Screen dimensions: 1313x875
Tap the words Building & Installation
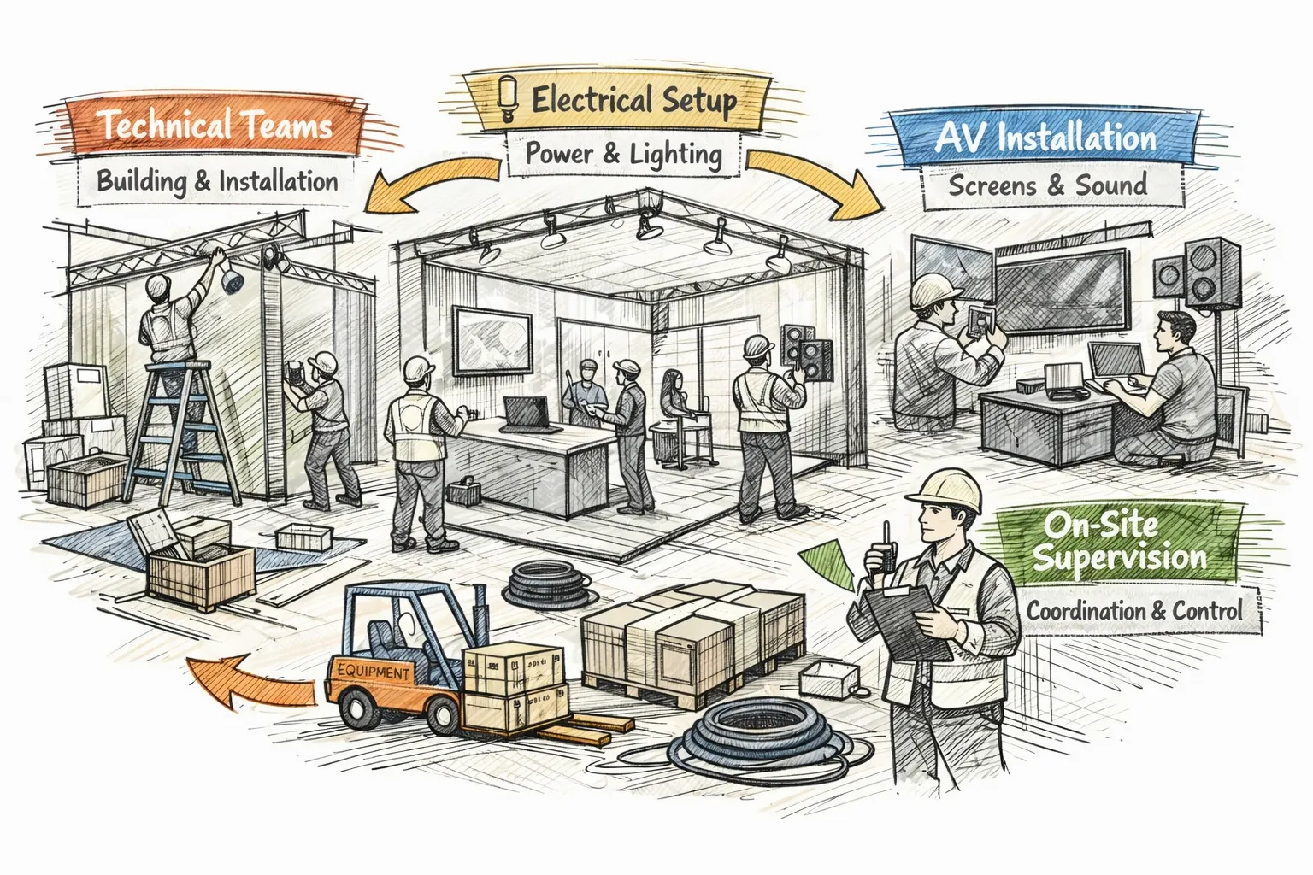(217, 180)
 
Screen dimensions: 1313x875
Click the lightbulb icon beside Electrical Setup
(505, 100)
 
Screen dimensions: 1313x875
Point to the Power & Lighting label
(624, 154)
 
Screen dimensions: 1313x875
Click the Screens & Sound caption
(1048, 185)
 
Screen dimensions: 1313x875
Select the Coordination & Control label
(1134, 611)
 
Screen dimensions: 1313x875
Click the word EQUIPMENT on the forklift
(374, 671)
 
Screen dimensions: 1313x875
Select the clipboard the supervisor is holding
(909, 621)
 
